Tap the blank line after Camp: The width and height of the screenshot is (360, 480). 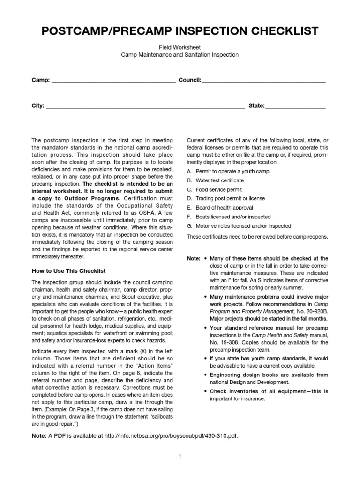pos(113,81)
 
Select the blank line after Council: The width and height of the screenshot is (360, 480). pos(263,81)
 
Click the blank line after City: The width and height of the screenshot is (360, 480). pos(145,106)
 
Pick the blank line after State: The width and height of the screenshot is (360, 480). pos(295,106)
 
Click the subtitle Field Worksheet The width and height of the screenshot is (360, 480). pos(180,47)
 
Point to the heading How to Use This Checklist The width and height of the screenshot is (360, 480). pos(68,271)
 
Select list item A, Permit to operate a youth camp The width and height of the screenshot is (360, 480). pos(228,172)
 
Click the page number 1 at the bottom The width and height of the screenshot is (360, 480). pos(180,456)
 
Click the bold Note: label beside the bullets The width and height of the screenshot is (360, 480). pos(194,259)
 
